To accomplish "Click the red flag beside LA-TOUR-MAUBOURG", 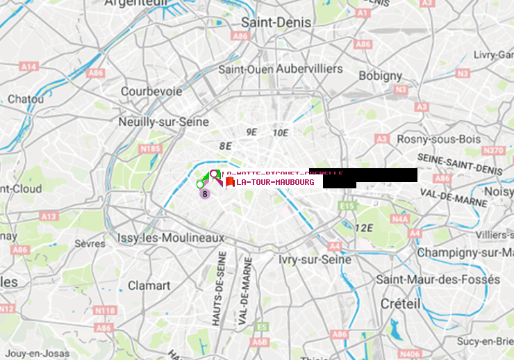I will (x=229, y=181).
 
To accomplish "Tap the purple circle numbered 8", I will (x=205, y=194).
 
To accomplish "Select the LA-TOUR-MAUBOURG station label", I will (x=275, y=182).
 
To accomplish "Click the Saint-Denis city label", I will (x=276, y=22).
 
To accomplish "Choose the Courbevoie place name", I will (x=151, y=91).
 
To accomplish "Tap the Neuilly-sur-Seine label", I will (x=164, y=122).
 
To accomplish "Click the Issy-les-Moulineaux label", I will (x=171, y=238).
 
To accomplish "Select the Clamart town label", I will (x=149, y=285).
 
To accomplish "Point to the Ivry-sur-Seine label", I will (x=315, y=259).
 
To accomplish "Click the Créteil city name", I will (x=400, y=304).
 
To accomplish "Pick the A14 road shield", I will (x=28, y=66).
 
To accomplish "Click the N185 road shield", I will (x=150, y=148).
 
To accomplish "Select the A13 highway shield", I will (x=48, y=216).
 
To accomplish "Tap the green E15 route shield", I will (x=347, y=206).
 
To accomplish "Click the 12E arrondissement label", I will (x=363, y=228).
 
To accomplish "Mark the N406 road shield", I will (x=411, y=354).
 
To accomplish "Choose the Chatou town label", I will (x=26, y=99).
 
